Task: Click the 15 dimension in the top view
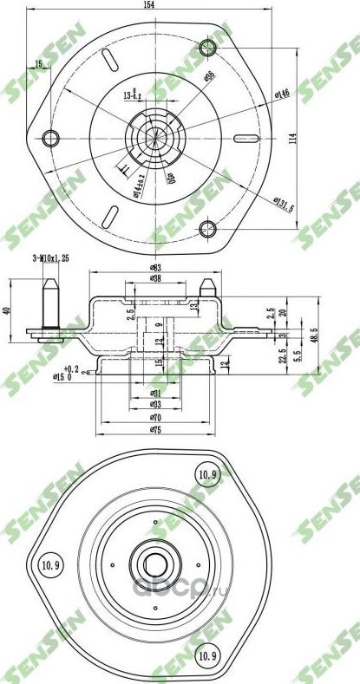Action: pos(38,63)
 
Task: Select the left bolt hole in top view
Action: pos(51,137)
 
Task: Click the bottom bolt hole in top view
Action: pos(207,228)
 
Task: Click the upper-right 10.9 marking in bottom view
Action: pos(206,474)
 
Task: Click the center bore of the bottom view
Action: pos(156,566)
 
